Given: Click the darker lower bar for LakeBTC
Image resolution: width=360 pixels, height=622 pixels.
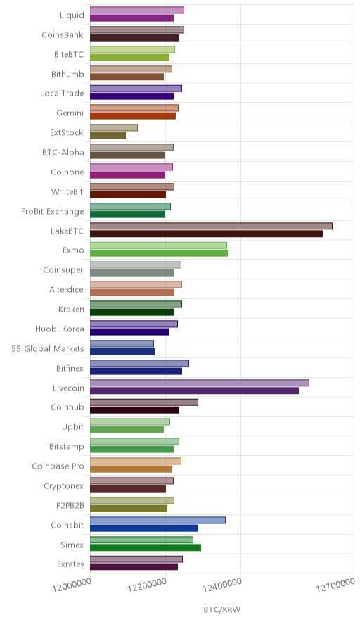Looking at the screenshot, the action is pos(206,234).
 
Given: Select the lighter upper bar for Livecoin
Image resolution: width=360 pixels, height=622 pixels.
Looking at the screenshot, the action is pos(200,383).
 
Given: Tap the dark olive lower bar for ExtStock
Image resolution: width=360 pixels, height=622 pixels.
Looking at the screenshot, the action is pos(108,136).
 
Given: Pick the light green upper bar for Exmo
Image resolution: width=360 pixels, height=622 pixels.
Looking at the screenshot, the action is pos(159,246).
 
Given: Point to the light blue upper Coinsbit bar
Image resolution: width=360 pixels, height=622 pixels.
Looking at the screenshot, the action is pos(157,520).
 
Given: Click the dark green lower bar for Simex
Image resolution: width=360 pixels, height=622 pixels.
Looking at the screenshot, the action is pos(146,548).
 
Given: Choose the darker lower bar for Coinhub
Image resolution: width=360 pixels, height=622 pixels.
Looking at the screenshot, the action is pos(135,410).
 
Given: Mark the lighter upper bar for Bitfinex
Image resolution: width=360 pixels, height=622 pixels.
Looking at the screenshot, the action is pos(139,363).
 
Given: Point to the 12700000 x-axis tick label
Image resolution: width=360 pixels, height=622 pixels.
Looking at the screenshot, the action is pos(335,584).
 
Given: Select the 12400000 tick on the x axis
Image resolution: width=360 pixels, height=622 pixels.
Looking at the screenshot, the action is pos(222,584).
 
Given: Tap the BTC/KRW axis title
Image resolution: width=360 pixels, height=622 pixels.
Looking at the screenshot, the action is pos(222,610).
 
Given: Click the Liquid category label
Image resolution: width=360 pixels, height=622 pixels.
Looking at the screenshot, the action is pos(72,15).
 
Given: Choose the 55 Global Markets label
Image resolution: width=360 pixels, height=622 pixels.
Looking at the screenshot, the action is pos(48,349).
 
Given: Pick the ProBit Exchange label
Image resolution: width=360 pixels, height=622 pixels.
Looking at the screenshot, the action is pos(53,211).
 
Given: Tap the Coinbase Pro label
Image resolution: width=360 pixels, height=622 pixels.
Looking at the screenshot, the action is pos(58,466).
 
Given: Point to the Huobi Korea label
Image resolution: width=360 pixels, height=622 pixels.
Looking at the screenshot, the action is pos(60,329).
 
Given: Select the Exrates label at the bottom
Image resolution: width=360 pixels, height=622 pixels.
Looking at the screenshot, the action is pos(70,564).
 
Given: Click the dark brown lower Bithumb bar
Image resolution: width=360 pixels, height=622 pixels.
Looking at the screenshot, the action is pos(127,77).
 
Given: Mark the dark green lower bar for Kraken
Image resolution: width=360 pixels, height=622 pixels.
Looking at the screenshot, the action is pos(131,312).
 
